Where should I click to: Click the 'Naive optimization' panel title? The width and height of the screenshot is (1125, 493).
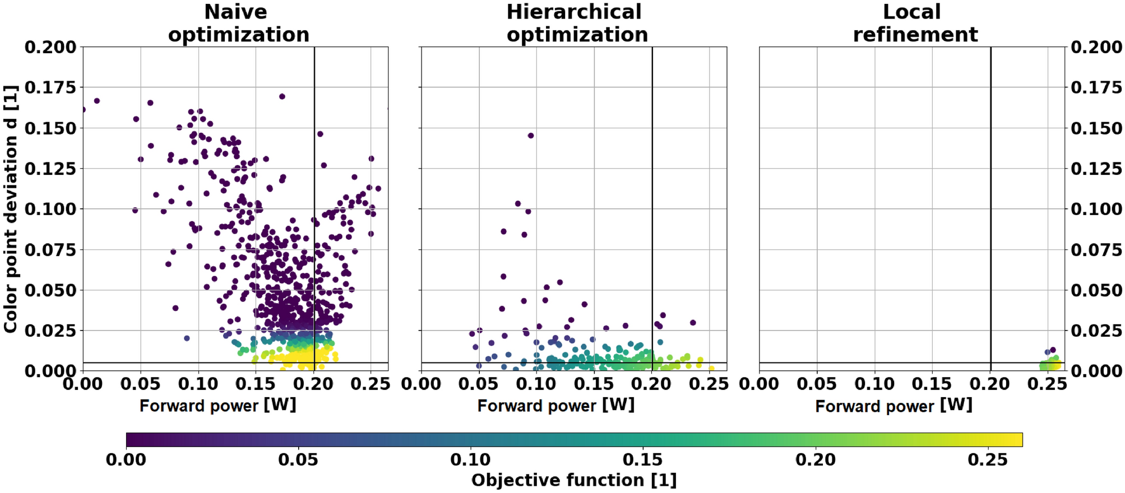coord(238,24)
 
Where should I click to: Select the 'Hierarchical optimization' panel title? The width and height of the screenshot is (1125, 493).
coord(576,24)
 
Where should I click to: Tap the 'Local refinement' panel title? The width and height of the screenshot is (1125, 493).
coord(915,24)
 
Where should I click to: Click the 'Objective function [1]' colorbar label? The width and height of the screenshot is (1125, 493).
coord(573,480)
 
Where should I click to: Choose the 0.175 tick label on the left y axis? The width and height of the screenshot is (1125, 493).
coord(50,87)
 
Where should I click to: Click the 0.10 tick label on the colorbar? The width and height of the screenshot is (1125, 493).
coord(470,460)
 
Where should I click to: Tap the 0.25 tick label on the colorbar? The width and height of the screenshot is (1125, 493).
coord(988,460)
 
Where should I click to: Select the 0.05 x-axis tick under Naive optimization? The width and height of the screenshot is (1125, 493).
coord(141,384)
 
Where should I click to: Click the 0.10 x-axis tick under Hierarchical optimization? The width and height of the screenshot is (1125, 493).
coord(536,384)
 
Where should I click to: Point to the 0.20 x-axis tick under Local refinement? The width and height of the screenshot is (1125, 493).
coord(990,384)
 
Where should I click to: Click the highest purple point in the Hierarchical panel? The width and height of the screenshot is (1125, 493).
coord(531,136)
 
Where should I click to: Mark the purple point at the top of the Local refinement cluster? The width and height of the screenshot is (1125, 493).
coord(1053,350)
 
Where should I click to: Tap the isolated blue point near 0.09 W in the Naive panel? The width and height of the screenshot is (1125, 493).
coord(187,338)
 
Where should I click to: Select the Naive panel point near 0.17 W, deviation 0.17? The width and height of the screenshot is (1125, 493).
coord(282,96)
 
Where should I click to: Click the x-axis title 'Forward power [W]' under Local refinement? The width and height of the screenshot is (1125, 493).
coord(893,406)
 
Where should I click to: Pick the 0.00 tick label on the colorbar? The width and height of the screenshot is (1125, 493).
coord(126,460)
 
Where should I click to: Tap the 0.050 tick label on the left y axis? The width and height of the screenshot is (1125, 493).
coord(50,290)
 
